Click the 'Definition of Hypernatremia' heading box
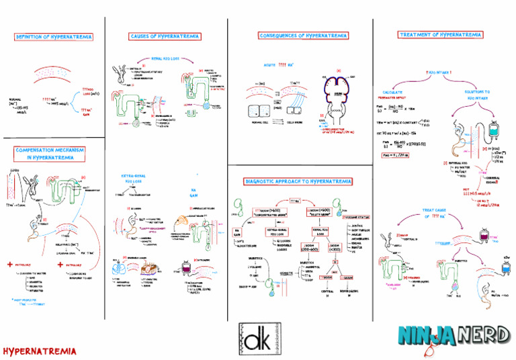point(54,37)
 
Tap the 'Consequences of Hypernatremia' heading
point(303,36)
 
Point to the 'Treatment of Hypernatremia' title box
point(440,34)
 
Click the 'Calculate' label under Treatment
point(396,91)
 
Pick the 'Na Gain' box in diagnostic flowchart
point(236,233)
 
